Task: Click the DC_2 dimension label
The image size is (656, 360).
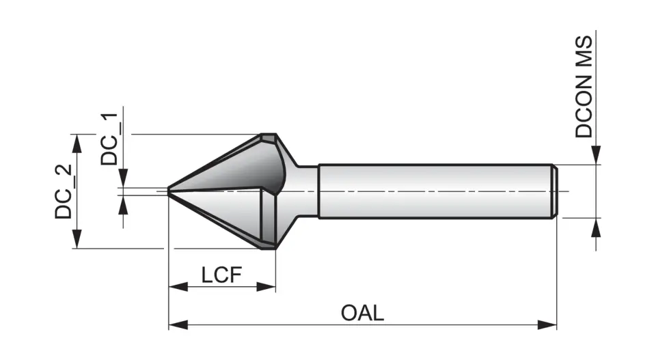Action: coord(64,192)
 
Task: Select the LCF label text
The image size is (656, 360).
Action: coord(221,276)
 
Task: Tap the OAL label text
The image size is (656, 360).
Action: coord(363,313)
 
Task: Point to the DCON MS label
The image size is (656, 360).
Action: coord(584,87)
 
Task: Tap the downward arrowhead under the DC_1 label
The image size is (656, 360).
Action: coord(123,179)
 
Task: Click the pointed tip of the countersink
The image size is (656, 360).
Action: coord(169,191)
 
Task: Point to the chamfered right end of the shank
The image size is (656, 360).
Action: coord(556,191)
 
